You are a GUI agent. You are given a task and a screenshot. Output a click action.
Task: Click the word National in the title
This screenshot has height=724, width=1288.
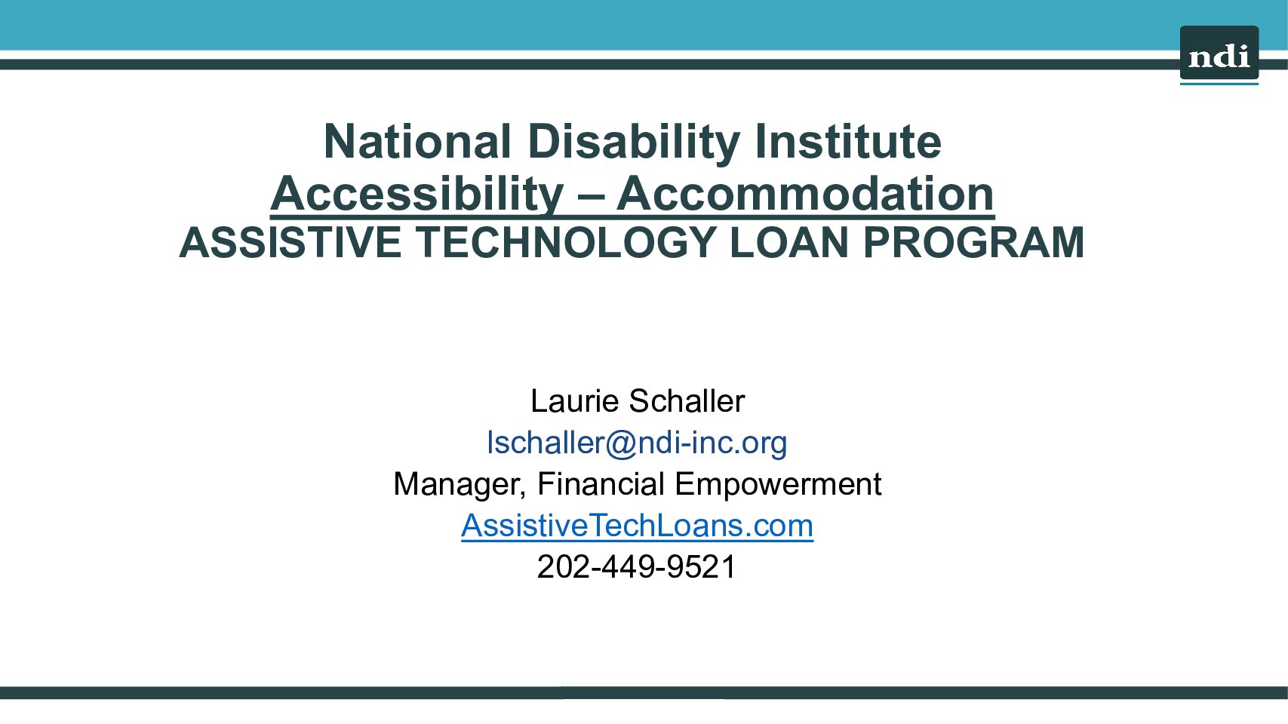[417, 141]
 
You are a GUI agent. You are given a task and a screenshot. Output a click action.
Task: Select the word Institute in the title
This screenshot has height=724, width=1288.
[848, 141]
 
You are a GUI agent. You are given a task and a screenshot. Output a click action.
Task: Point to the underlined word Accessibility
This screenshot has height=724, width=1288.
[417, 195]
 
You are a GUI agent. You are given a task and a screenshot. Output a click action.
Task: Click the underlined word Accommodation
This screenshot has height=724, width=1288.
[806, 195]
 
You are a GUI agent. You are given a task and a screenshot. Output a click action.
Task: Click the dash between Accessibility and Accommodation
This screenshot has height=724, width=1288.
[591, 198]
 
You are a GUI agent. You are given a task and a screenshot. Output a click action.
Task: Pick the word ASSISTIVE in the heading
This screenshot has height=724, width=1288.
[290, 243]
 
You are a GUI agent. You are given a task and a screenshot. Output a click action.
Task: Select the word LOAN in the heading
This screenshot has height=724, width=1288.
[789, 243]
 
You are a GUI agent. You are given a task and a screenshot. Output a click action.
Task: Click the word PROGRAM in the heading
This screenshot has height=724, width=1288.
[973, 243]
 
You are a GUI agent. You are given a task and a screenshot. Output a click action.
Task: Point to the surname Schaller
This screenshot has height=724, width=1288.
[687, 400]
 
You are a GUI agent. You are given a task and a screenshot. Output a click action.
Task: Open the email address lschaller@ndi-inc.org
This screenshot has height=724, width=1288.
[637, 443]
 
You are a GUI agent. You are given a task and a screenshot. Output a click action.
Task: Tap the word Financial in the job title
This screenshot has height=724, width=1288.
[601, 483]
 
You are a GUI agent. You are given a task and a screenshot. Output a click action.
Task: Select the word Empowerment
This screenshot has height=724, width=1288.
[778, 484]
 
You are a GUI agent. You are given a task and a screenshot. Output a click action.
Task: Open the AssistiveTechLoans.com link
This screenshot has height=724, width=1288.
[637, 525]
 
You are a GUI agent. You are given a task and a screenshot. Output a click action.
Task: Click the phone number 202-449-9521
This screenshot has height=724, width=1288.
[637, 566]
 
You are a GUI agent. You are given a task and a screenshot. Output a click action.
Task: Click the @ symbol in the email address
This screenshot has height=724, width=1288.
[621, 443]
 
